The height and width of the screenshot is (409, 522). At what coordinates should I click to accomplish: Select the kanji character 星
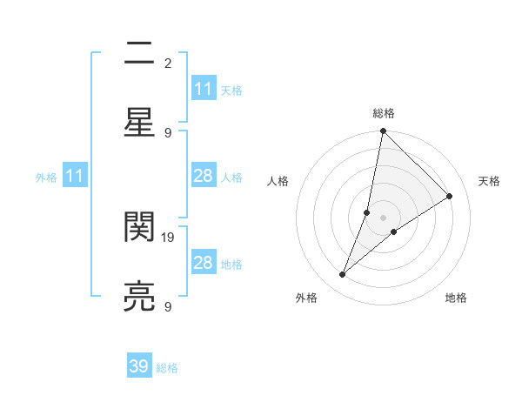tap(139, 123)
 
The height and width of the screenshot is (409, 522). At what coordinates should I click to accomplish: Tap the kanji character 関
tap(139, 227)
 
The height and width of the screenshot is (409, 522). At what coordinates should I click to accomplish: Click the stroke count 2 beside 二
tap(168, 63)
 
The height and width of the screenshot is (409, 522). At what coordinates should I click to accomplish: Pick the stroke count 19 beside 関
tap(170, 237)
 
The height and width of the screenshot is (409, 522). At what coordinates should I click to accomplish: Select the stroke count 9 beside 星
tap(168, 132)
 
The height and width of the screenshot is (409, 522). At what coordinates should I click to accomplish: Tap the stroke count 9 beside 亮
tap(168, 306)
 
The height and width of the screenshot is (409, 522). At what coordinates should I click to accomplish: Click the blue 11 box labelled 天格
tap(204, 89)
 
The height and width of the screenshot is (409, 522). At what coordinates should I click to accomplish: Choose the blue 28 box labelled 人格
tap(204, 176)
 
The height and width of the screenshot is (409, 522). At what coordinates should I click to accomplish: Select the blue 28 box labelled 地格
tap(204, 263)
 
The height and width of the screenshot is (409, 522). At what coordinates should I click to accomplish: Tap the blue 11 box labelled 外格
tap(75, 176)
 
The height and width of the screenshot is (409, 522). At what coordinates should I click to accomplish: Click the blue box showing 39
tap(139, 366)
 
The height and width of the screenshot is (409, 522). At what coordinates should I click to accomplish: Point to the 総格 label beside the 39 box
tap(167, 368)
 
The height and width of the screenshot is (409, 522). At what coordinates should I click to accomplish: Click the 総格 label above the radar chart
tap(384, 113)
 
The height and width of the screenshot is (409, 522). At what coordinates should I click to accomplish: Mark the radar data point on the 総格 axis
tap(383, 131)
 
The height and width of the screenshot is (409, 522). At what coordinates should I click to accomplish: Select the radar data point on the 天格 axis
tap(450, 196)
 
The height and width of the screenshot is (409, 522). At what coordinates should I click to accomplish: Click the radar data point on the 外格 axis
tap(343, 275)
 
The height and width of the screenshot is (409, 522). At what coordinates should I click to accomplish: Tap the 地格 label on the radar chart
tap(456, 298)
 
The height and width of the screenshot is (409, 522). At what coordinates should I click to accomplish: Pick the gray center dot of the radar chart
tap(383, 218)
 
